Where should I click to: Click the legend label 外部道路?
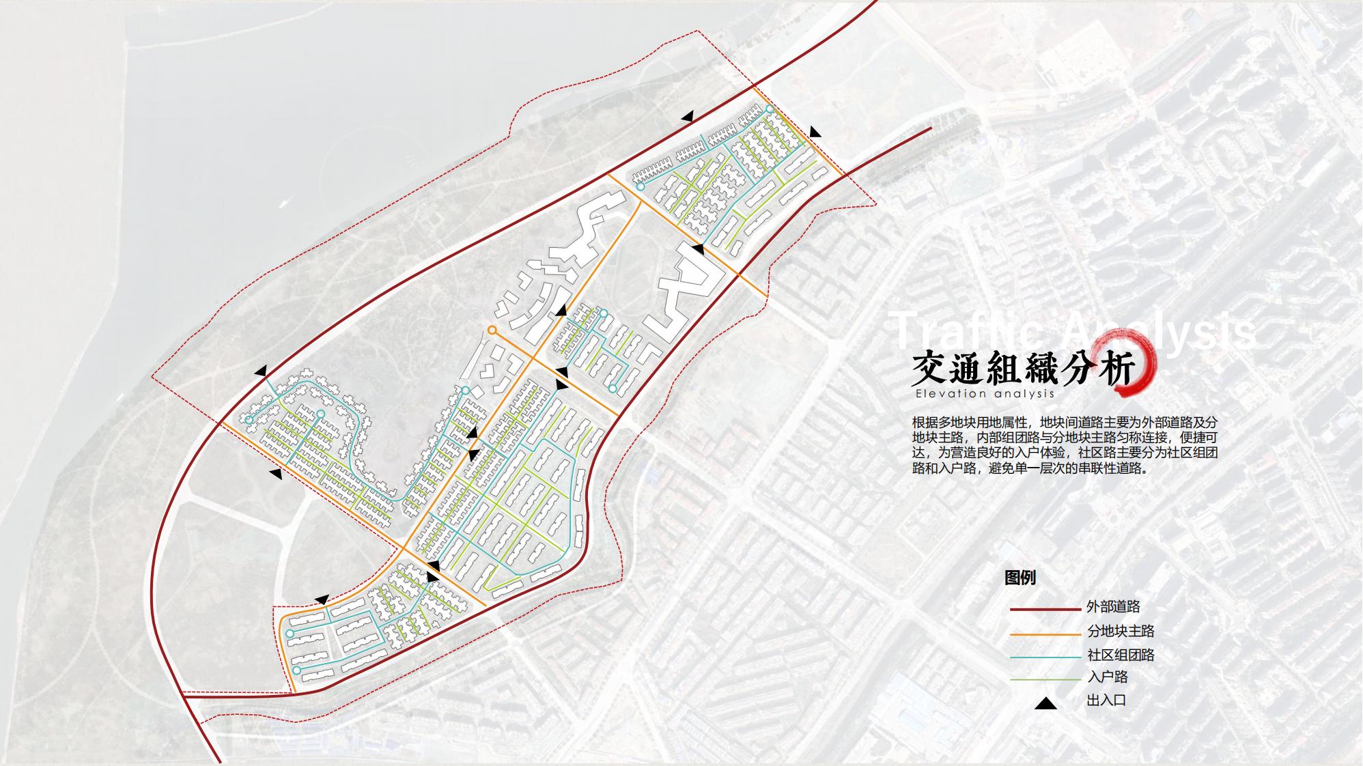pos(1113,607)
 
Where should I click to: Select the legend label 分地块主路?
pos(1121,632)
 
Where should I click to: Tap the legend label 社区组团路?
pos(1121,655)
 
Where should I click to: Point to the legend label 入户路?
pos(1107,677)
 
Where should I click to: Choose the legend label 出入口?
pos(1106,700)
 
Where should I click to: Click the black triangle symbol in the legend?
pos(1045,703)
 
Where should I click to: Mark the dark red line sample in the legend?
pos(1045,609)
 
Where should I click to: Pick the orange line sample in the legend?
pos(1045,635)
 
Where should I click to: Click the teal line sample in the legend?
pos(1045,657)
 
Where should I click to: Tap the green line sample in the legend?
pos(1045,679)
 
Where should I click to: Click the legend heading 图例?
pos(1020,578)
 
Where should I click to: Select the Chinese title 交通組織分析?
pos(1022,369)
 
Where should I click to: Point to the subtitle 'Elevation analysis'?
pos(985,394)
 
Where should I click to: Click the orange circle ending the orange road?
pos(492,330)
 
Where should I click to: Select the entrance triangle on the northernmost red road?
pos(688,117)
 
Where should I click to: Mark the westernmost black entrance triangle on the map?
pos(260,371)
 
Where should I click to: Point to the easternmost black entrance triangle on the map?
pos(815,132)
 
